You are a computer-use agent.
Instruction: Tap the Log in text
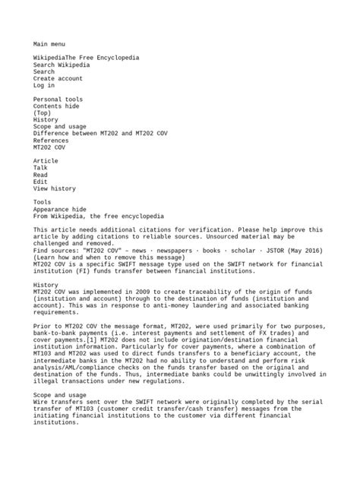44,86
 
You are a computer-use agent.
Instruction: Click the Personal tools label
58,99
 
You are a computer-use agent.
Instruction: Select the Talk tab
42,168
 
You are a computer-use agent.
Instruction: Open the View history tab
55,188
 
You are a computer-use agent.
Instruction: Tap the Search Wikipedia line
61,65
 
